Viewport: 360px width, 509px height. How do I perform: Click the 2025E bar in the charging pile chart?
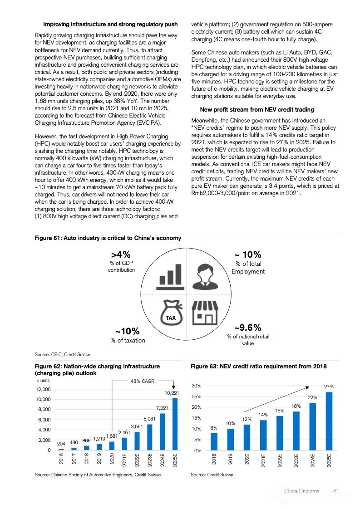tap(175, 424)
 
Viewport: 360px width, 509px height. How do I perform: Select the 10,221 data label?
tap(172, 392)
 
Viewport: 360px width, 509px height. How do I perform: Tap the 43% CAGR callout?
tap(143, 381)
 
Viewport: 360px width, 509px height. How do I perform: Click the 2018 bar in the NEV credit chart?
tap(214, 441)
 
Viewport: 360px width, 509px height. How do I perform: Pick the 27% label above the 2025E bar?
tap(329, 387)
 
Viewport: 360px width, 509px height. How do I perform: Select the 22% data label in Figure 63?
tap(312, 397)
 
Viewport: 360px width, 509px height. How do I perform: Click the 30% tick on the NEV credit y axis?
tap(197, 386)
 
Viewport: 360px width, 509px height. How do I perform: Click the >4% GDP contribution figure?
tap(121, 255)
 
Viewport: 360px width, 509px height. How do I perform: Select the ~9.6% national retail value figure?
tap(247, 328)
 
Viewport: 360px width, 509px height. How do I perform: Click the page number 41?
tap(336, 491)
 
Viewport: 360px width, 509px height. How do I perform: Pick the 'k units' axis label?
tap(43, 381)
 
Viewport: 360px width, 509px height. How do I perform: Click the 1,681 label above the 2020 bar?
tap(112, 436)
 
